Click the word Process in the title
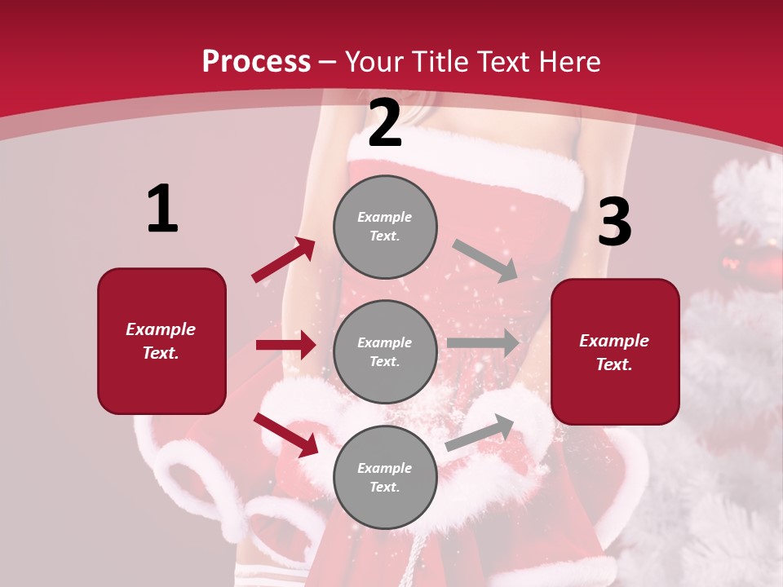[256, 62]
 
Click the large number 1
[162, 210]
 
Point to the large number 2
[385, 124]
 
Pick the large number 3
[614, 222]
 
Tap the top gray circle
[385, 227]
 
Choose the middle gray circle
[385, 351]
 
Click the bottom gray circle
[385, 477]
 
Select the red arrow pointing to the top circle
[283, 260]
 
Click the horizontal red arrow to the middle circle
[285, 345]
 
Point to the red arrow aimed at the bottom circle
[285, 435]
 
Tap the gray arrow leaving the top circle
[485, 260]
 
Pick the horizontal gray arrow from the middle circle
[482, 343]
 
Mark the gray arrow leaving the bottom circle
[480, 432]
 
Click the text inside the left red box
[161, 341]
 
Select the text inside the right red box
[614, 352]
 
